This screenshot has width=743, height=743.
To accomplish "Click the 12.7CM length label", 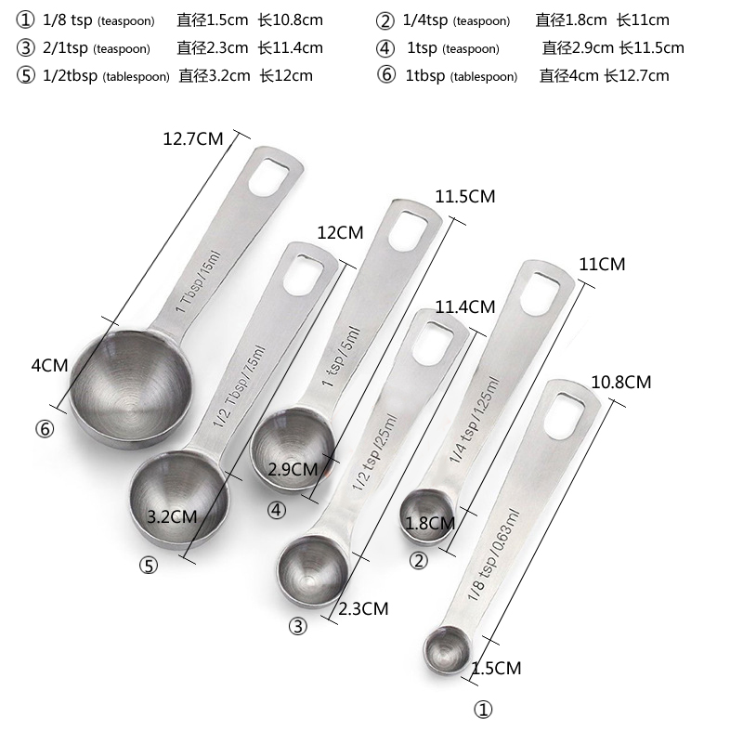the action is tap(193, 138).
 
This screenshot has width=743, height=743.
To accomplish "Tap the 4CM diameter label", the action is tap(50, 365).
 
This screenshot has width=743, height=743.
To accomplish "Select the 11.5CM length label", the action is tap(465, 196).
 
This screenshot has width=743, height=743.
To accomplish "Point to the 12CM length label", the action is tap(340, 232).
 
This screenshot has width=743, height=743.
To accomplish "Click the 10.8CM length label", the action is tap(621, 382).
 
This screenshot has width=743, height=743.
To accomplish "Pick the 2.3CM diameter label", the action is tap(363, 608).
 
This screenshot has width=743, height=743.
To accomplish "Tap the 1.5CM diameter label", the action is tap(497, 668).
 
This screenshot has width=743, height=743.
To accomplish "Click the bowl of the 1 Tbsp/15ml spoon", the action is tap(131, 387).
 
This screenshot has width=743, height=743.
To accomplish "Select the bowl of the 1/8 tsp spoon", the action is tap(447, 649).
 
